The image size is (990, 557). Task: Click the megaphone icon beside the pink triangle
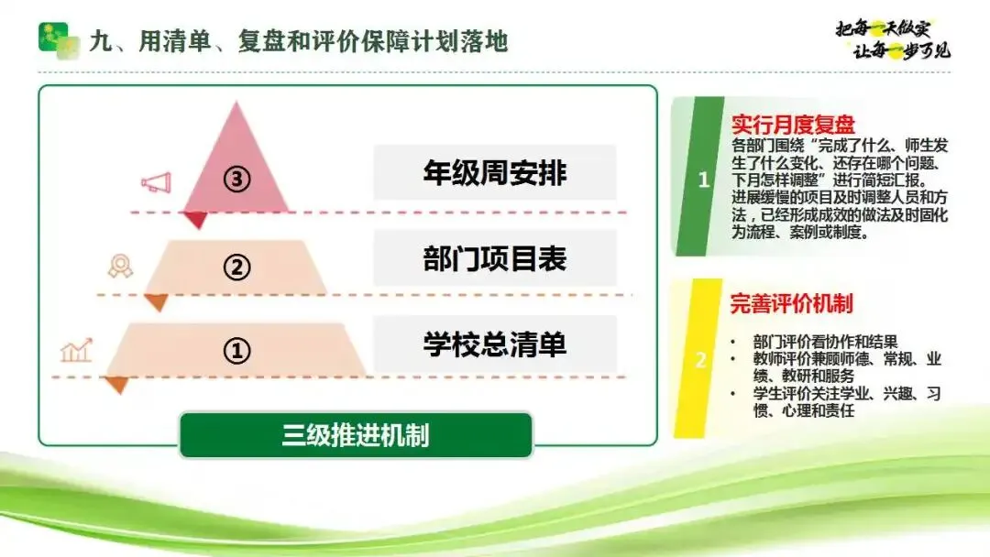pos(156,182)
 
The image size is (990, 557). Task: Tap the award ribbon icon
pos(120,266)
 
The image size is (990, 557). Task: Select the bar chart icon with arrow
pos(76,350)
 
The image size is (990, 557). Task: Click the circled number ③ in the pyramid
pos(236,180)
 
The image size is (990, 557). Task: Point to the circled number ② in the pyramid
pos(236,267)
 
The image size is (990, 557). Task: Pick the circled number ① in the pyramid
pos(236,351)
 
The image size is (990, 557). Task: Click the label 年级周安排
pos(495,173)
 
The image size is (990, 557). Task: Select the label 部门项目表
pos(495,258)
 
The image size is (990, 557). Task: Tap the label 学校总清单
pos(495,344)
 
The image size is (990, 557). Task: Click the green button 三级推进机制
pos(356,435)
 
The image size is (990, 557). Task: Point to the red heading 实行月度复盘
pos(793,125)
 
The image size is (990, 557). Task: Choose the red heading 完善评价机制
pos(791,304)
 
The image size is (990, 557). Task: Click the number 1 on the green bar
pos(703,180)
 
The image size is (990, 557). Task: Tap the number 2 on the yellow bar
pos(700,360)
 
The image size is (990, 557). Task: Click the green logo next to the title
pos(59,40)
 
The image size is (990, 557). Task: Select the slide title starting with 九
pos(299,41)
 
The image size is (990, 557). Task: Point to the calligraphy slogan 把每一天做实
pos(883,28)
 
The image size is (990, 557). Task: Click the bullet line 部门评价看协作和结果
pos(825,342)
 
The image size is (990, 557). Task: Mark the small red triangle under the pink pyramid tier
pos(196,220)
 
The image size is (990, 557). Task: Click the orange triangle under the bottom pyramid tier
pos(117,385)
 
